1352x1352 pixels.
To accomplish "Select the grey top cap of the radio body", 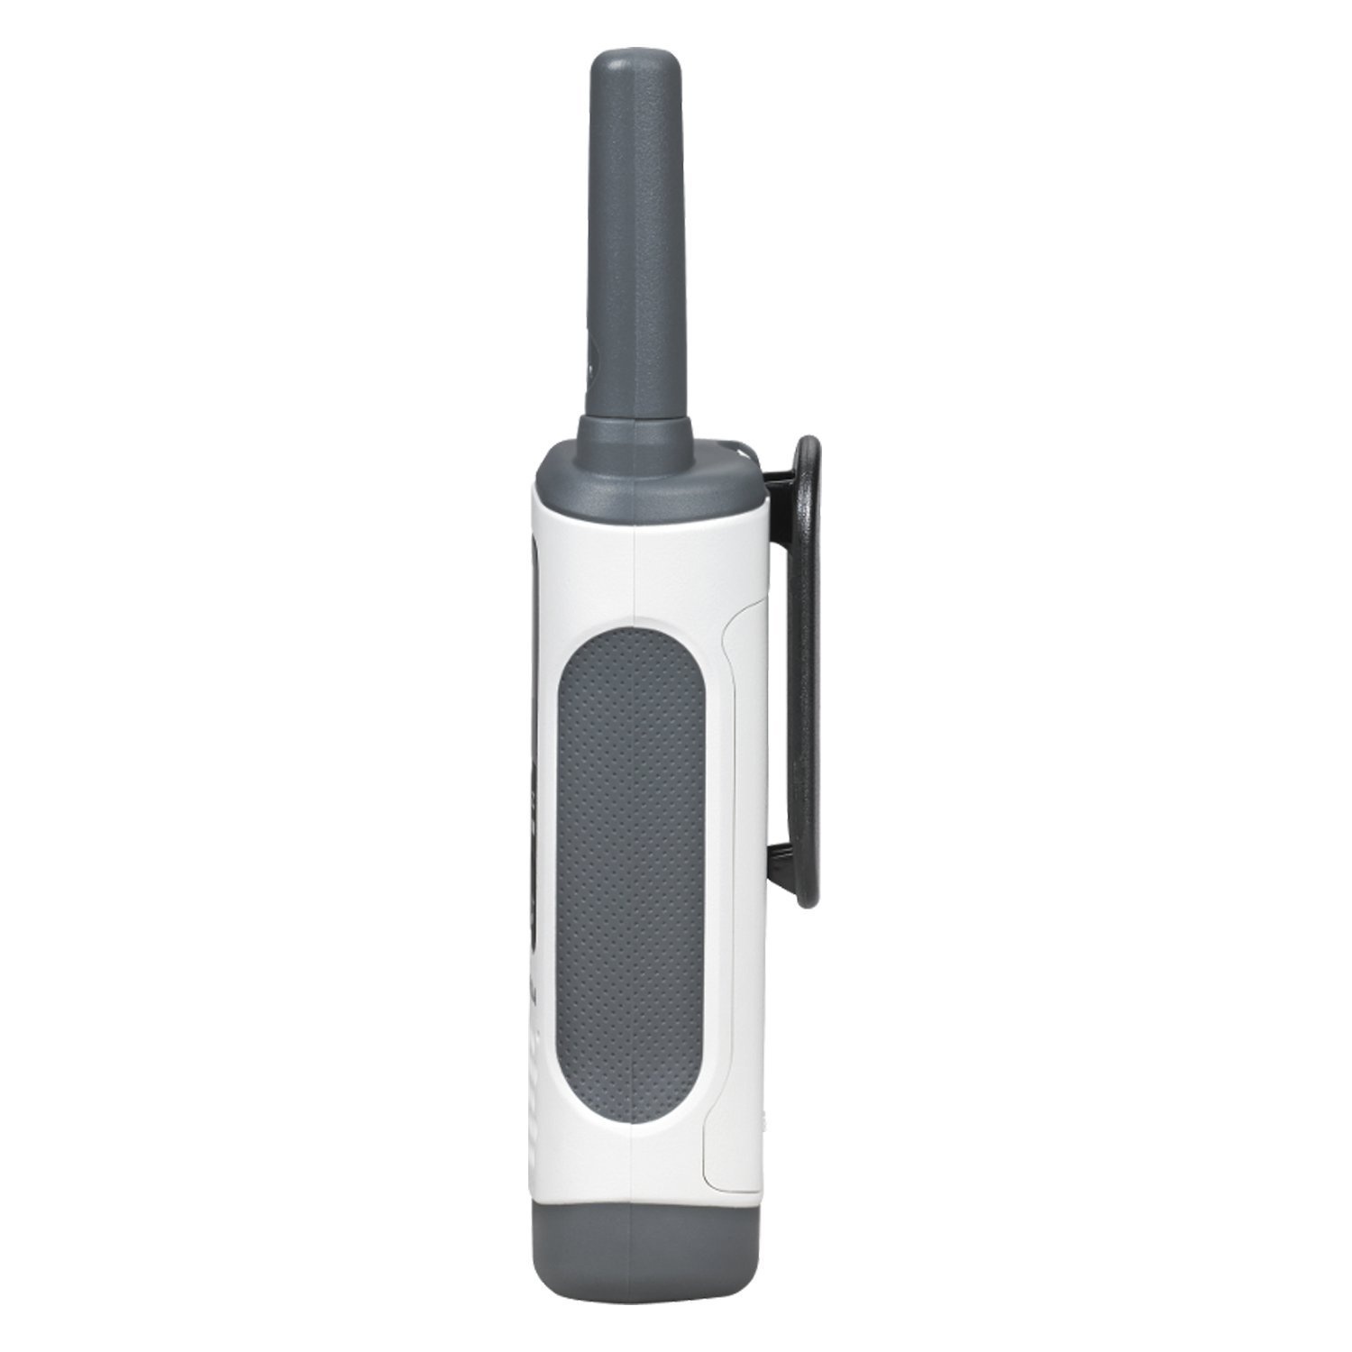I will [x=644, y=478].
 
